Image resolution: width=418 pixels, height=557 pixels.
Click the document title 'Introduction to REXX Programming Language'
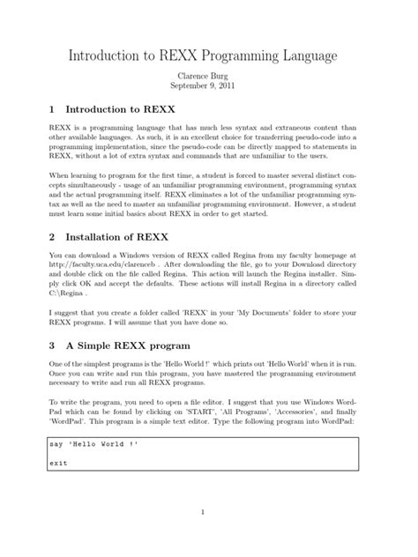(208, 57)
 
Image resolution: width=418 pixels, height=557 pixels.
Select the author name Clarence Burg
(208, 78)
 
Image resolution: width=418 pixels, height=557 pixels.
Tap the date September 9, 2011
(208, 89)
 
